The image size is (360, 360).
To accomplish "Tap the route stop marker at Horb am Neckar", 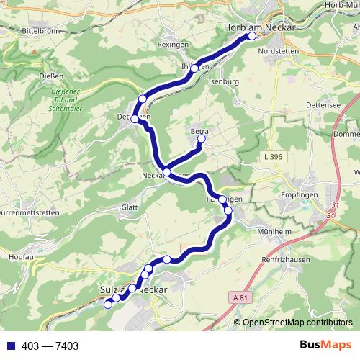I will coord(251,36).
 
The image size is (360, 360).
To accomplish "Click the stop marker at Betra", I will coord(202,142).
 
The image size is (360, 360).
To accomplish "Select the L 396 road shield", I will coord(273,156).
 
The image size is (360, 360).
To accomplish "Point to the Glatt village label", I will coord(130,207).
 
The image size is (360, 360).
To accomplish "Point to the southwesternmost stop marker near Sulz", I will coord(109,305).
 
